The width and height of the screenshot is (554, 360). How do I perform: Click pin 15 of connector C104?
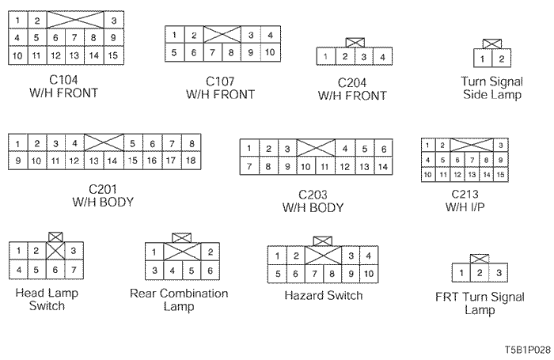113,55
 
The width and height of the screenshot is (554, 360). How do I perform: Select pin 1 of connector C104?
16,20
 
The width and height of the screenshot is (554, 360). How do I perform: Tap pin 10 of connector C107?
269,52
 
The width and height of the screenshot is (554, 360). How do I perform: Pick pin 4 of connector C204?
382,57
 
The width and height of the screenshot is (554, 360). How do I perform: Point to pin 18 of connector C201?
190,161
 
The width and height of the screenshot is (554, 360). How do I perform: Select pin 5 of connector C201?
132,143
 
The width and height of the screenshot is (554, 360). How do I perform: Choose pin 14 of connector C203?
382,167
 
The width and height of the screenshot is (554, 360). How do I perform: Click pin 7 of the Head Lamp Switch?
73,271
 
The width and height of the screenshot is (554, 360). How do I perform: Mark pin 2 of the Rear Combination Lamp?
210,252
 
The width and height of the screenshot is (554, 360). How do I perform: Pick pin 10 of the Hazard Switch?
368,274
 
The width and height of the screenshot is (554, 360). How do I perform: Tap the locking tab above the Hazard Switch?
322,241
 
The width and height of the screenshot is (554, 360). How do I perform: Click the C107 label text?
220,81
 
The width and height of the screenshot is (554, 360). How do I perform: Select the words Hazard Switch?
323,296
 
